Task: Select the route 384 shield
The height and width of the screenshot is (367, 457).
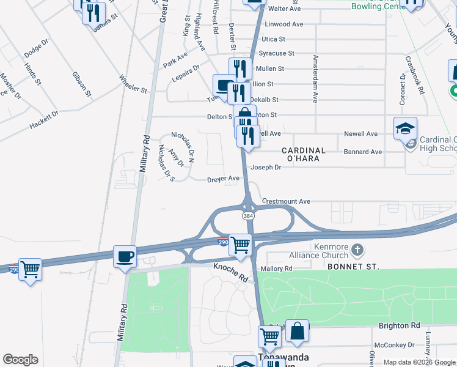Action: coord(247,216)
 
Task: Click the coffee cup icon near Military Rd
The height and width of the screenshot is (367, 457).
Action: coord(125,256)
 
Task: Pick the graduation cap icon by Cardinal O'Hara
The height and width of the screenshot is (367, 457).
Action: coord(405,128)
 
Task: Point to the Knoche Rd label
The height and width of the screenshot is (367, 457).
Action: coord(231,273)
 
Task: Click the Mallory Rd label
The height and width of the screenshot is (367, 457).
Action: coord(277,268)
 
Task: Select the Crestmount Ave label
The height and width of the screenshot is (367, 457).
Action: coord(286,201)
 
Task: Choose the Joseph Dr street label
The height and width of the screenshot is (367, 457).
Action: coord(266,167)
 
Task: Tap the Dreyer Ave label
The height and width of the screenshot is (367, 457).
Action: coord(223,179)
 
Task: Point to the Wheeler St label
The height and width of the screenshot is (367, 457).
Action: coord(133,84)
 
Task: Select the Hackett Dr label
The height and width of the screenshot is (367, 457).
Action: coord(44,120)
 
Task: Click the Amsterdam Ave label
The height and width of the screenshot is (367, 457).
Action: coord(316,79)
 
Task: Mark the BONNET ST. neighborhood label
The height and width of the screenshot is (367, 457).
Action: coord(353,267)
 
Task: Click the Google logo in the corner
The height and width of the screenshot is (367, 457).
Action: coord(20,360)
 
